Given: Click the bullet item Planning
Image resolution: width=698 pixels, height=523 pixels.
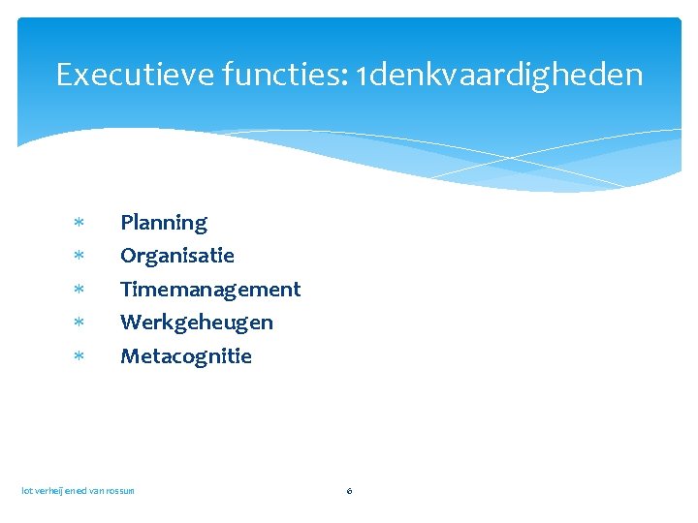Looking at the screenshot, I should (x=163, y=223).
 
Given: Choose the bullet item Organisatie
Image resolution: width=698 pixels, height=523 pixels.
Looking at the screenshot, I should (x=176, y=256).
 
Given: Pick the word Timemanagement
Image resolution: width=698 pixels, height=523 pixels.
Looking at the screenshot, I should (x=209, y=289).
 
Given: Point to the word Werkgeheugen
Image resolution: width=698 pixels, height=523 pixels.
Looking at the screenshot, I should (x=196, y=322).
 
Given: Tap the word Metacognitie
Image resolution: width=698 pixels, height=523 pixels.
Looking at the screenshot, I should (x=185, y=355).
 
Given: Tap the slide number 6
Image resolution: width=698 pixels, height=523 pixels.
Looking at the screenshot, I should (x=349, y=491).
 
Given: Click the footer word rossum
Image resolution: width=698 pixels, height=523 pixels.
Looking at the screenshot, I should (x=120, y=491).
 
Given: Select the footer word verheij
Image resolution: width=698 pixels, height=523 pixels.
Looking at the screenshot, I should (x=49, y=491).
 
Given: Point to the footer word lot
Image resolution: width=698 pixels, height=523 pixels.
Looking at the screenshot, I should (x=27, y=491).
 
